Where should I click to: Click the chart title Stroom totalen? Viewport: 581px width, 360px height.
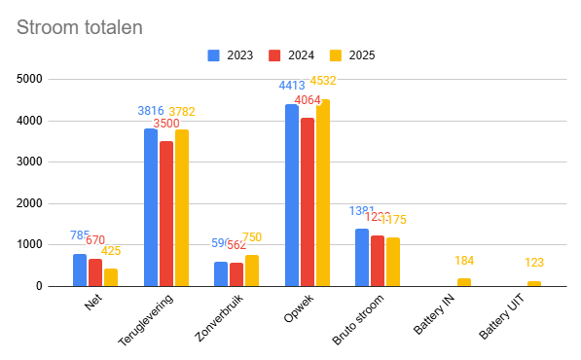[x=80, y=27]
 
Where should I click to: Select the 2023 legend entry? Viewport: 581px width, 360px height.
[x=230, y=55]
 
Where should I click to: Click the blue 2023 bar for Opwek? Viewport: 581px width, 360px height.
[x=291, y=195]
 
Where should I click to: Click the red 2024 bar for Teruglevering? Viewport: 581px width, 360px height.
[x=166, y=213]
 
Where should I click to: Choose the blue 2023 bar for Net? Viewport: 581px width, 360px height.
[x=80, y=270]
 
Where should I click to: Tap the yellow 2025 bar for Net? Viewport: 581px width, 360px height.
[x=111, y=277]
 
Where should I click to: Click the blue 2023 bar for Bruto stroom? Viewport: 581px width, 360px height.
[x=362, y=257]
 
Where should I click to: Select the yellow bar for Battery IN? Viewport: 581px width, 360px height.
[x=463, y=282]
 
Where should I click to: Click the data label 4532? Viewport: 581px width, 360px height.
[x=324, y=81]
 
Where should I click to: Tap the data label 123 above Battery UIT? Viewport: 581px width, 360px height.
[x=534, y=263]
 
